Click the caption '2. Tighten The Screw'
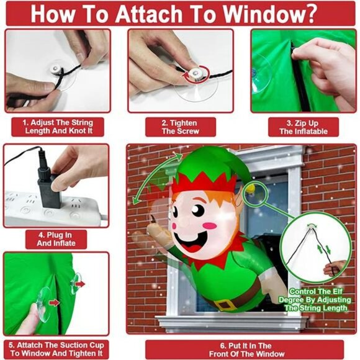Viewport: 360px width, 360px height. pos(180,127)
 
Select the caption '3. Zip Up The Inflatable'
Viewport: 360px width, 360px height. pos(304,127)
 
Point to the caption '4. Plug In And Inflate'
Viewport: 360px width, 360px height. pos(56,239)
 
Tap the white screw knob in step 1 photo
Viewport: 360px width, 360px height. pos(55,69)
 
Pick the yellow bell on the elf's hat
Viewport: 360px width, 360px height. pos(251,190)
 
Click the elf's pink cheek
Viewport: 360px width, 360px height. pos(210,226)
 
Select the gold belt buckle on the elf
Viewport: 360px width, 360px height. pos(225,305)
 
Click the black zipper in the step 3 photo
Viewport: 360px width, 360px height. pos(300,76)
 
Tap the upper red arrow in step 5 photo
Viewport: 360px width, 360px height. pos(79,284)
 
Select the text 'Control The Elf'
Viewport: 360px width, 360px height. pos(316,291)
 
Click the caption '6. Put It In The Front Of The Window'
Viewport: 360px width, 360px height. pos(246,349)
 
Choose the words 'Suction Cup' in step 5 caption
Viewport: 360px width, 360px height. pos(82,345)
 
